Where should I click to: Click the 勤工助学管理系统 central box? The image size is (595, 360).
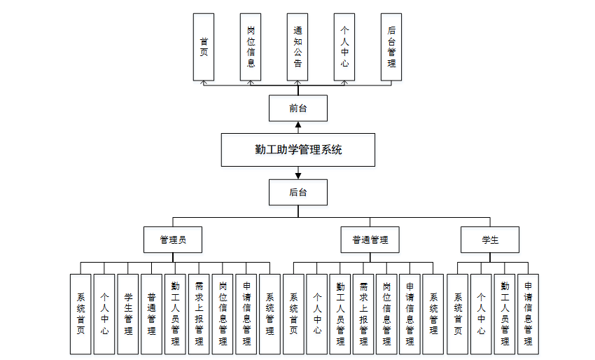click(298, 149)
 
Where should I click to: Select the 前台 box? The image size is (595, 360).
click(298, 109)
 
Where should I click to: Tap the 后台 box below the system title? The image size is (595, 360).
click(298, 192)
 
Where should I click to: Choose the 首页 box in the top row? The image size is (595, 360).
click(204, 47)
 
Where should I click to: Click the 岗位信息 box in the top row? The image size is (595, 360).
click(251, 47)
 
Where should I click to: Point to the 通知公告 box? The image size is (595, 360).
click(298, 47)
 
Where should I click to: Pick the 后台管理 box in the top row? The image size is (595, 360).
click(391, 47)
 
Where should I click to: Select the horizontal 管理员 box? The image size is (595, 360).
click(173, 240)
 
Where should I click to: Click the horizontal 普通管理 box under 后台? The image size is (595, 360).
click(370, 240)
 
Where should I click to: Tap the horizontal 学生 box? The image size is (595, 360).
click(490, 240)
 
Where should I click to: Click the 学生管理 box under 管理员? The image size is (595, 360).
click(128, 313)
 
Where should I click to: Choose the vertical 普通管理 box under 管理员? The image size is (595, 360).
click(152, 313)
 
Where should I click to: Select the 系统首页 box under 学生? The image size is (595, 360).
click(458, 313)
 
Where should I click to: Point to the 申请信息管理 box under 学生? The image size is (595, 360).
click(528, 313)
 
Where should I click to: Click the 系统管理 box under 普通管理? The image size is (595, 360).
click(433, 313)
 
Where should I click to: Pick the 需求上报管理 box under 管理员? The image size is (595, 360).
click(199, 313)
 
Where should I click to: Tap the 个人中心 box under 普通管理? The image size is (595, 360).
click(317, 313)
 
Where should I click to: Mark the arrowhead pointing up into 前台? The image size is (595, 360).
click(298, 125)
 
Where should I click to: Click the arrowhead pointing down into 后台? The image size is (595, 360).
click(298, 175)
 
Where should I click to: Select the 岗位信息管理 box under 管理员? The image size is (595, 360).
click(223, 313)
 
